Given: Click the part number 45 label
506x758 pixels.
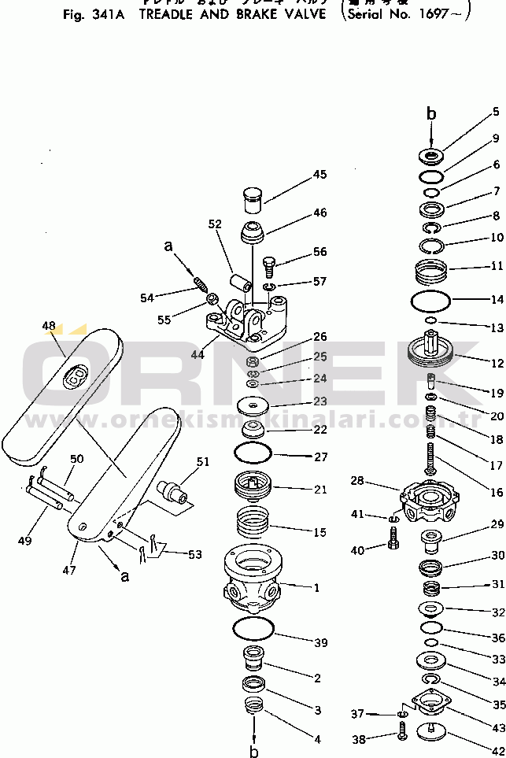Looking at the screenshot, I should [x=319, y=174].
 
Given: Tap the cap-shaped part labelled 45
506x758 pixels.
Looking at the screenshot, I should [x=253, y=199].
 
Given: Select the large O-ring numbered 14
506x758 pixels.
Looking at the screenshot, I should [x=431, y=301].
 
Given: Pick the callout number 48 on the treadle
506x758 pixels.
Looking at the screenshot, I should [x=49, y=325].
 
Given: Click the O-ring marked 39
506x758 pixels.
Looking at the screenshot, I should [x=253, y=630].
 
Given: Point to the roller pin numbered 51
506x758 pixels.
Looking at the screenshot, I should [x=173, y=492].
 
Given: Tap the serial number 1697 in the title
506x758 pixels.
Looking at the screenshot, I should [x=435, y=14].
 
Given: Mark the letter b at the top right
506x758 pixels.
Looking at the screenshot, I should [x=430, y=115].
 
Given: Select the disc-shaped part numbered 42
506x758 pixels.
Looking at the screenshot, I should [x=431, y=730].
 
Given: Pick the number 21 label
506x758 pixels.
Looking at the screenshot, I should [x=319, y=490].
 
